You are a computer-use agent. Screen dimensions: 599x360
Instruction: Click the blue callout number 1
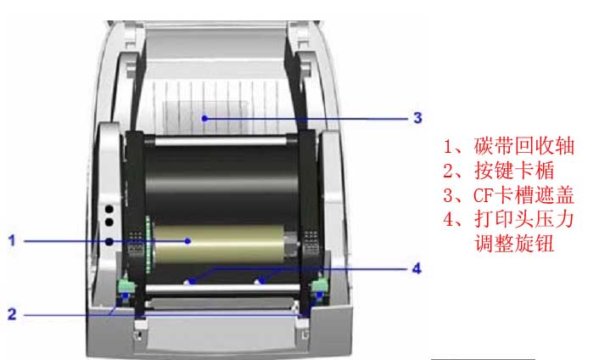coord(12,241)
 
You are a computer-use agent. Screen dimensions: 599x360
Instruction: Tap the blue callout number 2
coord(12,314)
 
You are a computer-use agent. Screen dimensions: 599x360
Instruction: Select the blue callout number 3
coord(417,118)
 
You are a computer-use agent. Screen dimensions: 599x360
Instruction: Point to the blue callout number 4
coord(417,268)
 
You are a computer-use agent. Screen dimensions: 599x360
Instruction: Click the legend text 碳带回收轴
coord(524,146)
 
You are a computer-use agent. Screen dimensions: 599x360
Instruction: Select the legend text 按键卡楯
coord(514,171)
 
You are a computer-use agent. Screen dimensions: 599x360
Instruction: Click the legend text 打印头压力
coord(524,219)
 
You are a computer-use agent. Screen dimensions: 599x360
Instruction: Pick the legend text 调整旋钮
coord(514,244)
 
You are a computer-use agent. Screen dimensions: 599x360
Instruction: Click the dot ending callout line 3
coord(204,118)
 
